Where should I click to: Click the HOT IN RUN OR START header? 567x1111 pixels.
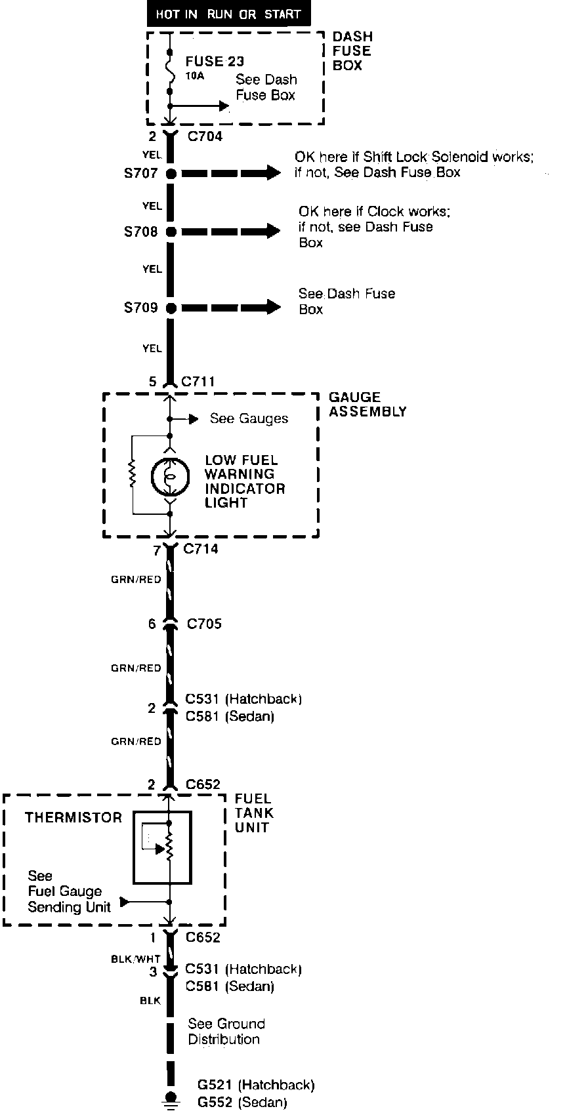pyautogui.click(x=228, y=14)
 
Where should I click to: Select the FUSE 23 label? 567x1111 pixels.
pyautogui.click(x=215, y=62)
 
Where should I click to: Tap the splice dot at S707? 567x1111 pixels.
pyautogui.click(x=171, y=174)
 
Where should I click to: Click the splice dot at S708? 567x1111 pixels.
pyautogui.click(x=171, y=232)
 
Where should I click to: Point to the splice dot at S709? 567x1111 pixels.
pyautogui.click(x=171, y=308)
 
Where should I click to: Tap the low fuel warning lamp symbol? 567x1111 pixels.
pyautogui.click(x=170, y=477)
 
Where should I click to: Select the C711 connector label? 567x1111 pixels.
pyautogui.click(x=198, y=382)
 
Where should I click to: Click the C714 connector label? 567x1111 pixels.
pyautogui.click(x=201, y=549)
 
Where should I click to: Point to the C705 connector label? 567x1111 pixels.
pyautogui.click(x=204, y=624)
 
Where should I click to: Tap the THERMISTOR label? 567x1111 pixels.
pyautogui.click(x=73, y=818)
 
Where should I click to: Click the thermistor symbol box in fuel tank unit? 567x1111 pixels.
pyautogui.click(x=162, y=847)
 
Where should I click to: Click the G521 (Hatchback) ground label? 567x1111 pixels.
pyautogui.click(x=255, y=1085)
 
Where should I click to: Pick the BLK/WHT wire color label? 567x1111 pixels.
pyautogui.click(x=135, y=959)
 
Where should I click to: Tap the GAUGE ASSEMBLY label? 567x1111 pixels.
pyautogui.click(x=367, y=405)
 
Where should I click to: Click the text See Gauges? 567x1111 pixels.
pyautogui.click(x=249, y=418)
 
